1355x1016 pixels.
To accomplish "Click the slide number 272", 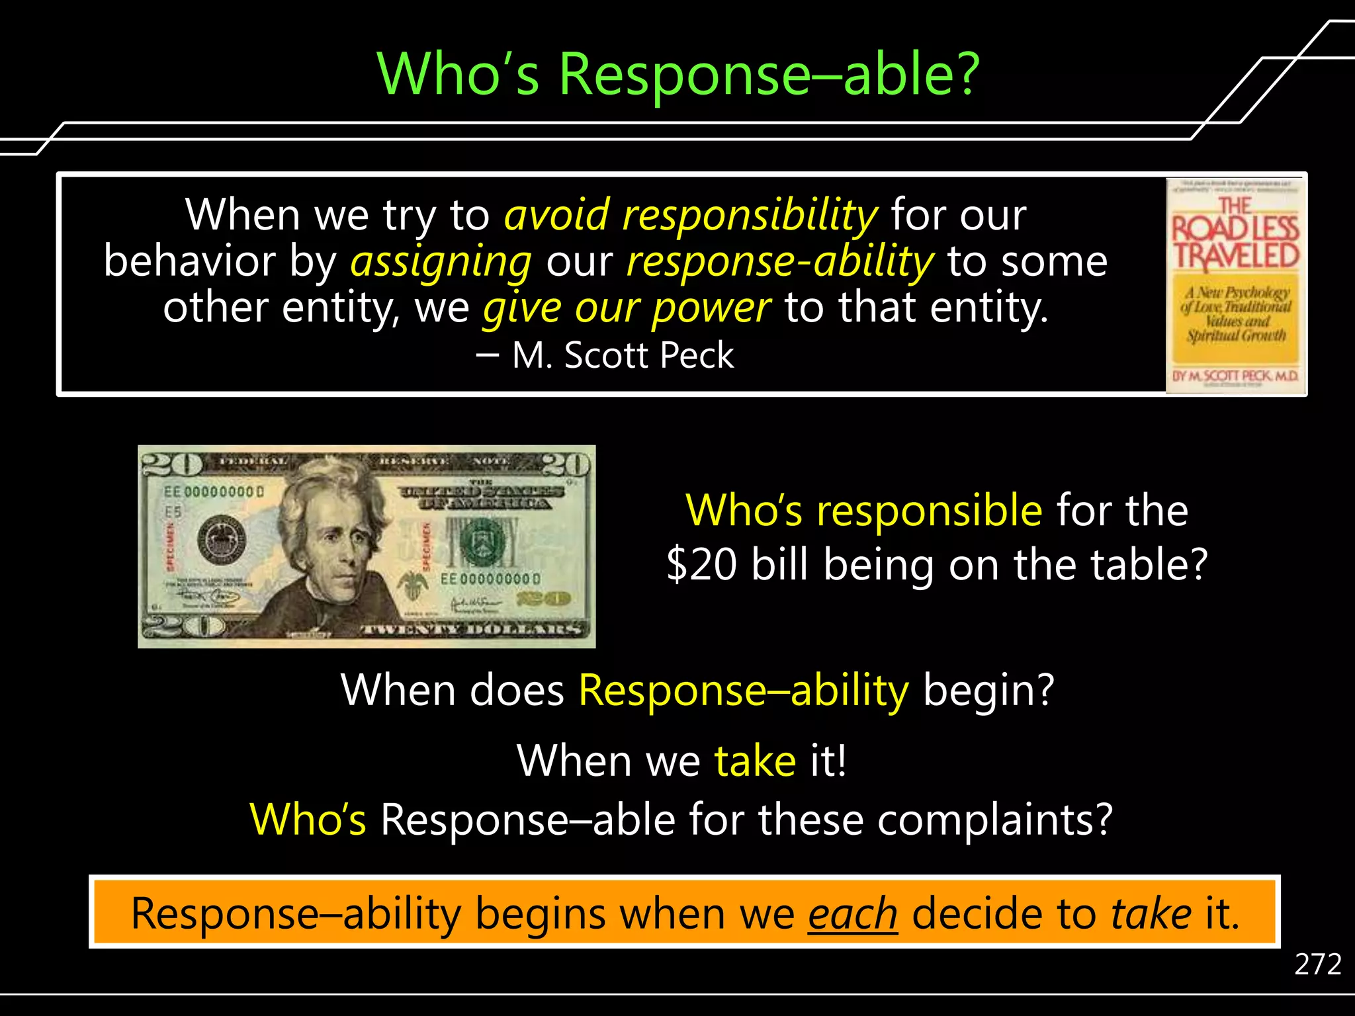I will point(1317,964).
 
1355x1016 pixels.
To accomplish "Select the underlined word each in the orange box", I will point(852,914).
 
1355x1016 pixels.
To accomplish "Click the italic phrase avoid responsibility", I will point(691,216).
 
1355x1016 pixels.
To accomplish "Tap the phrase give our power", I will point(627,308).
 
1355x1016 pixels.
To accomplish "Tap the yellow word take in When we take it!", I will point(755,761).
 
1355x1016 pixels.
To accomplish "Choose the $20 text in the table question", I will point(701,566).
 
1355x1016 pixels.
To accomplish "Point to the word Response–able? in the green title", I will point(769,74).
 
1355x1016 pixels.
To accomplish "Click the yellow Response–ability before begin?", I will point(744,691).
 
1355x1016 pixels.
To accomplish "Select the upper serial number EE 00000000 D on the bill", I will point(214,492).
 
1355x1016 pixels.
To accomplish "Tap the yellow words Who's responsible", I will point(863,511).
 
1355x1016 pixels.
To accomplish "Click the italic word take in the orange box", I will point(1151,914).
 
